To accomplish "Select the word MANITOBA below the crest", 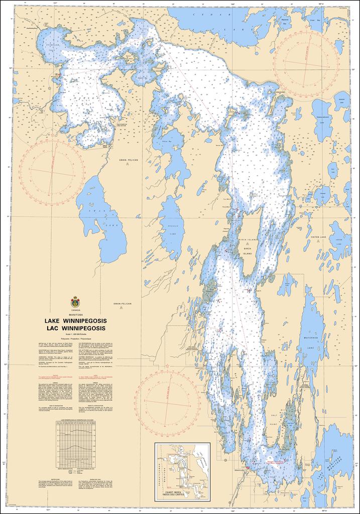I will pos(75,313).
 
